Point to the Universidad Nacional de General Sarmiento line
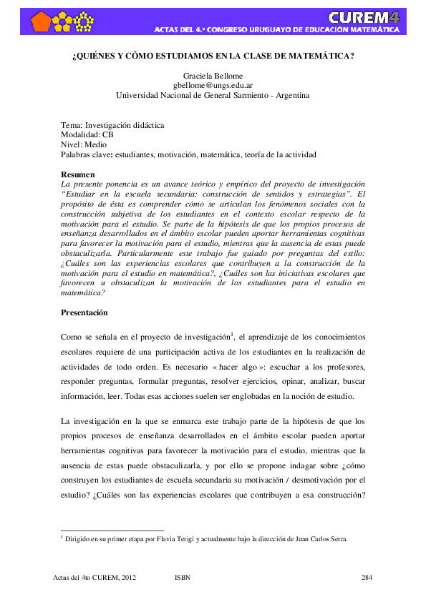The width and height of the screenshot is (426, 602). [213, 94]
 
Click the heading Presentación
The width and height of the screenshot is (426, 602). [84, 312]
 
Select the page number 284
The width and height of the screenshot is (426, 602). [367, 576]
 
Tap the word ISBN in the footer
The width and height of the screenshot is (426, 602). [183, 576]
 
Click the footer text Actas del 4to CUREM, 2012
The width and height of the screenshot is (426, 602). [95, 576]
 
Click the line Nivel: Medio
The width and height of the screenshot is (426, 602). [84, 144]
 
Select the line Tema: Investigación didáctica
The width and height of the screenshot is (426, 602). [112, 124]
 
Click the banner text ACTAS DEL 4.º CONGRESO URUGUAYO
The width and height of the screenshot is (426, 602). [229, 30]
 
